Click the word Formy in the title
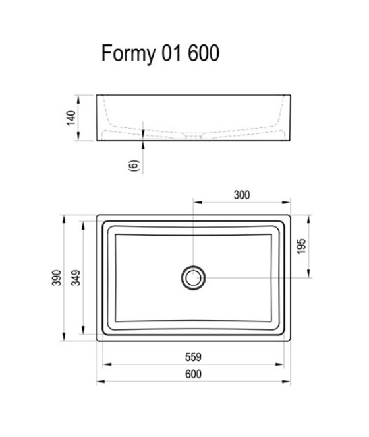click(x=128, y=53)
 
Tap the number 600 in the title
click(x=204, y=53)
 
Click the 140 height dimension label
click(x=71, y=118)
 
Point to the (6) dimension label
click(x=134, y=165)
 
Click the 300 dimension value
click(x=242, y=195)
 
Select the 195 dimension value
click(x=301, y=246)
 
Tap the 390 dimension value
click(x=57, y=278)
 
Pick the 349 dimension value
click(x=76, y=278)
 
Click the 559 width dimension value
click(x=194, y=357)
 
